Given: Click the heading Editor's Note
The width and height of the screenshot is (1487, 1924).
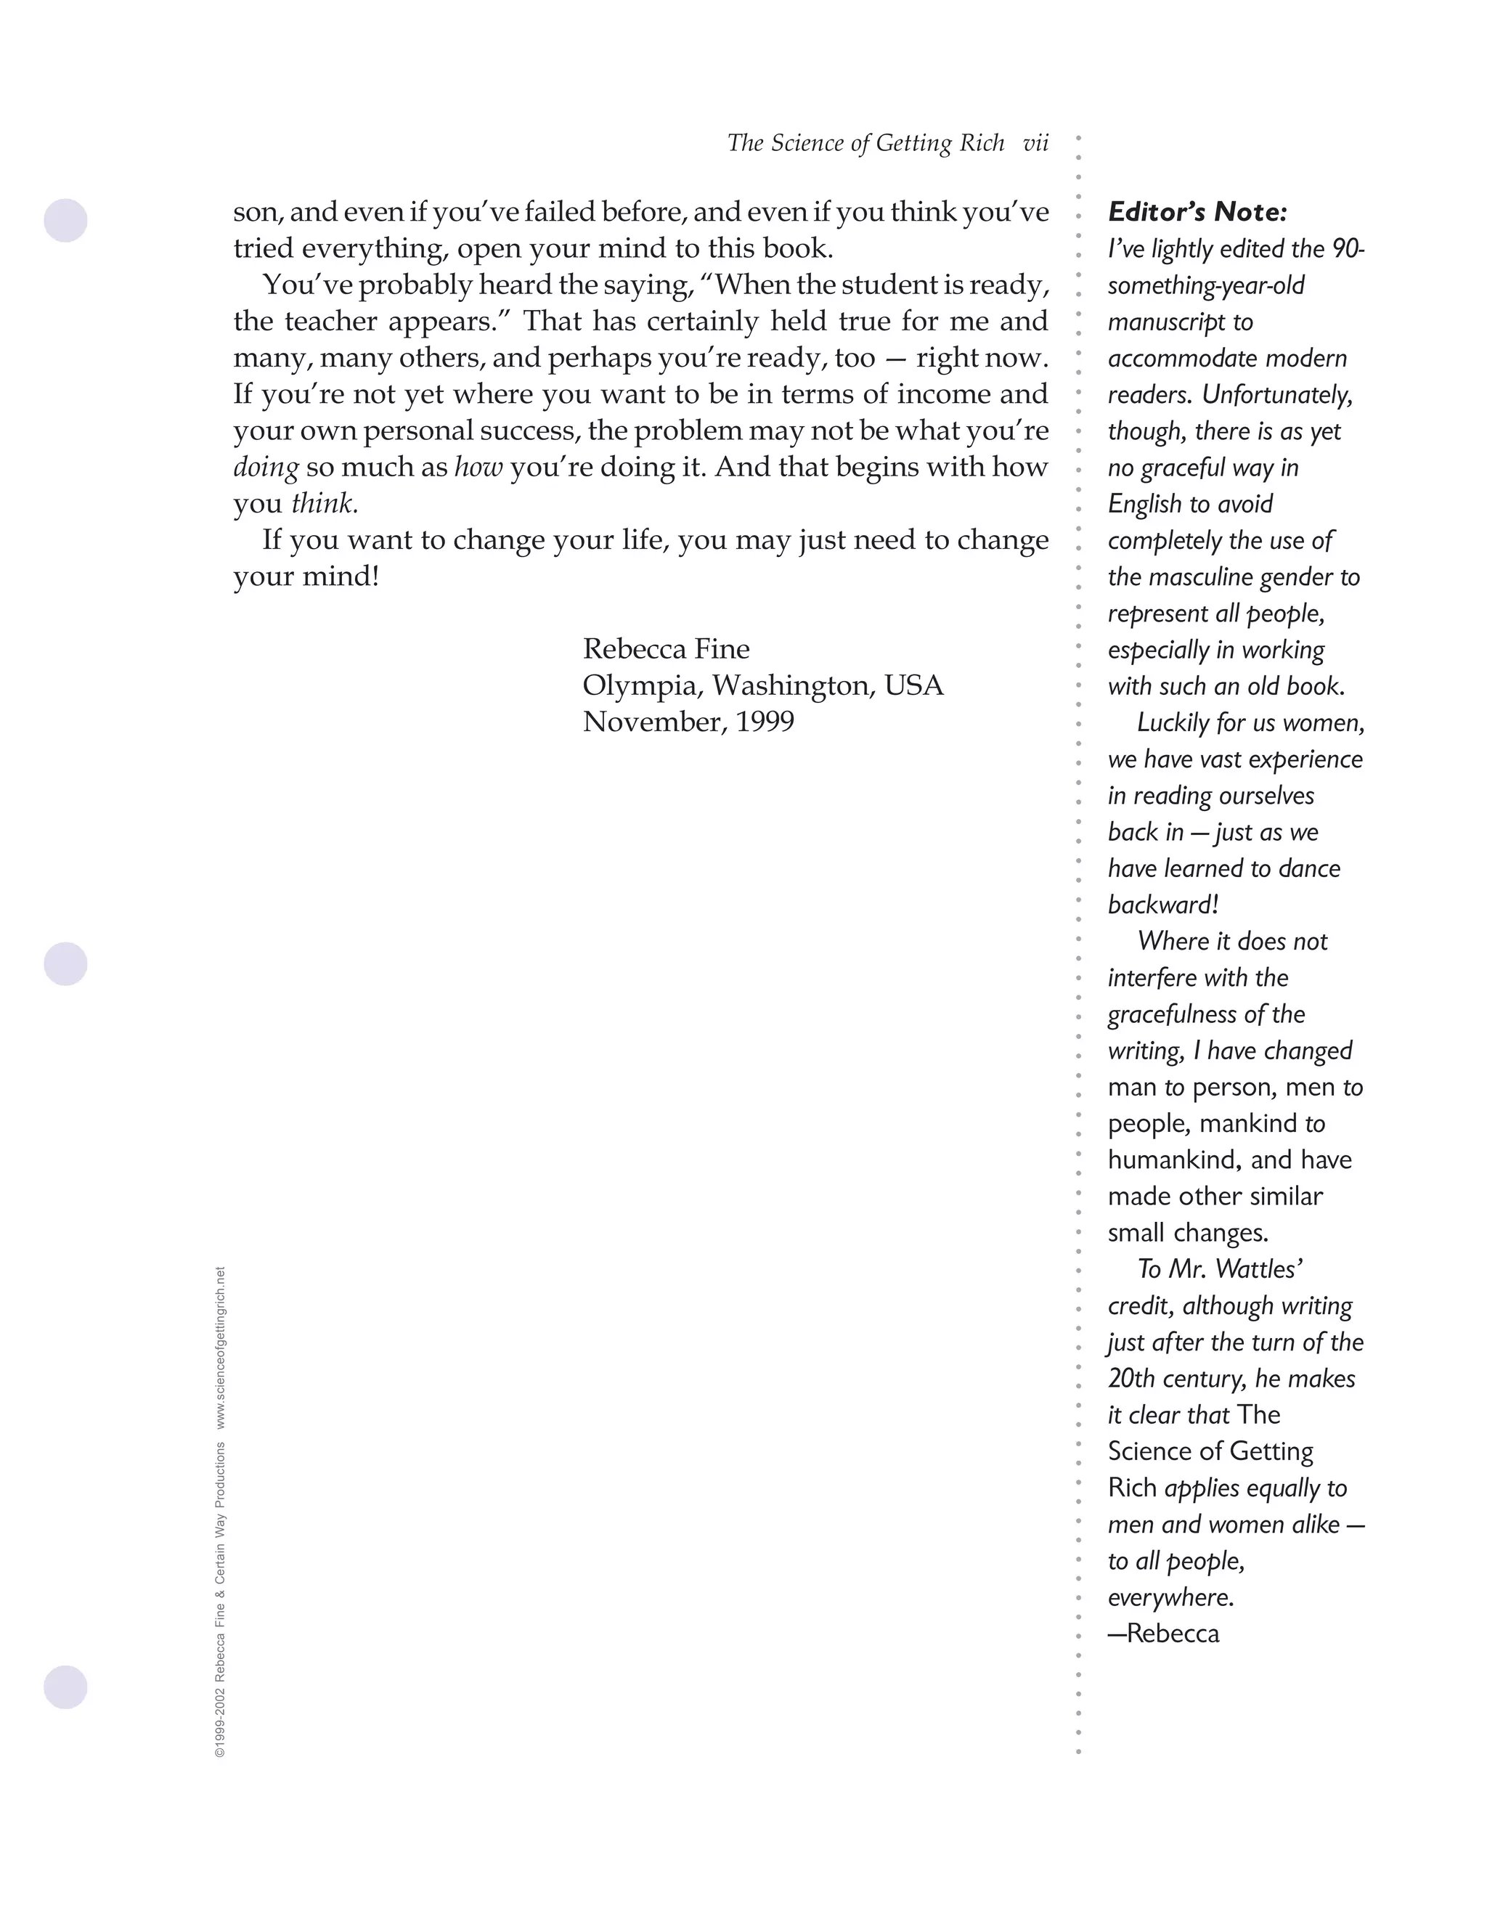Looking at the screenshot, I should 1197,212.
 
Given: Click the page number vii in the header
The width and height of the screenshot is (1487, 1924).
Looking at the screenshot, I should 1035,144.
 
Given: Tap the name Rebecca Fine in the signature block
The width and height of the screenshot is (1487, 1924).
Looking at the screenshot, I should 666,649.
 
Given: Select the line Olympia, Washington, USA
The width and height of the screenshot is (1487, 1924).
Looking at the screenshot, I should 763,685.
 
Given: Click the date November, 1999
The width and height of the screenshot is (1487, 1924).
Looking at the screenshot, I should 688,722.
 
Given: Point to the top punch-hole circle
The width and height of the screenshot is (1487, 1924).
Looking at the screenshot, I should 66,220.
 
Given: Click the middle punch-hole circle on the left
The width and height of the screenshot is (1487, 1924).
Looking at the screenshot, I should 66,963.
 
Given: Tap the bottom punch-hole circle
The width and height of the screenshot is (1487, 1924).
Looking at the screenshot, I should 66,1687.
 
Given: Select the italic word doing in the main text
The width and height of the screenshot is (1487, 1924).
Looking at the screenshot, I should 265,467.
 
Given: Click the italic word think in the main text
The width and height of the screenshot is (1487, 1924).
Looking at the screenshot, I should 322,504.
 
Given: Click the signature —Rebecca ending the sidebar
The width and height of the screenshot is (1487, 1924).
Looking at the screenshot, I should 1164,1634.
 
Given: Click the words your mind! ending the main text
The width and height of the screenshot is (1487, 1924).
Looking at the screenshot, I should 306,577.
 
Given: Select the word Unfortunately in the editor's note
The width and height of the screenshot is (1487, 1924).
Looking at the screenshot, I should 1276,395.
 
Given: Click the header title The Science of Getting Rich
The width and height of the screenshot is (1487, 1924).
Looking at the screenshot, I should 865,144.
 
